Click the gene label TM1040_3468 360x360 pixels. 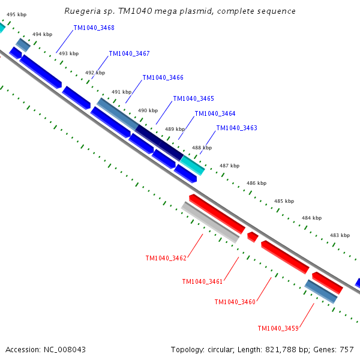[94, 28]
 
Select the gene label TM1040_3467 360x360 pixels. [129, 53]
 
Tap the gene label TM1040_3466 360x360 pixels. [163, 77]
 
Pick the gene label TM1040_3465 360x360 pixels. [193, 98]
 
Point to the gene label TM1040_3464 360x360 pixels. [215, 113]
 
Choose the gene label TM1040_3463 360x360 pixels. [236, 128]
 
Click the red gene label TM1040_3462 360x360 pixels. [166, 258]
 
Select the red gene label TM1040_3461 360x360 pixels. [202, 281]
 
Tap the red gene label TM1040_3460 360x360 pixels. [235, 302]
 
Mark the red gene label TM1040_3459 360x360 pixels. [278, 328]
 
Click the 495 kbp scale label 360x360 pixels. [16, 14]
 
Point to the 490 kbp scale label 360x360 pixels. [148, 110]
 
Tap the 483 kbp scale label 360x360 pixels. [340, 235]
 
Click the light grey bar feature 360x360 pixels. [210, 222]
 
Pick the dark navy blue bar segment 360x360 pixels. [159, 142]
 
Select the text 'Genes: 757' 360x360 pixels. [338, 349]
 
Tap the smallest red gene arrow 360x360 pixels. [253, 237]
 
